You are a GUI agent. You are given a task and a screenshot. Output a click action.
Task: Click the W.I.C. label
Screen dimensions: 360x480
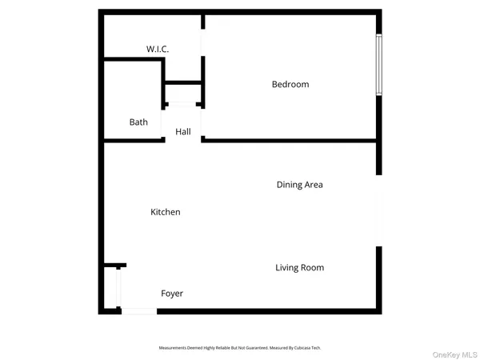click(x=157, y=50)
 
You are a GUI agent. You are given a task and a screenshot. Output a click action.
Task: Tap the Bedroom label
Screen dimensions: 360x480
click(x=290, y=84)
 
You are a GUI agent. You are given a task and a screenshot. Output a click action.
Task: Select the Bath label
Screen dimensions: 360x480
click(x=138, y=122)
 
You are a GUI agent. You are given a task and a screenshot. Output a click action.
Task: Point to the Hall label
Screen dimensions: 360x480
click(x=182, y=131)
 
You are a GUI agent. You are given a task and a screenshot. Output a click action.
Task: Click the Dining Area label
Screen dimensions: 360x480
click(x=299, y=185)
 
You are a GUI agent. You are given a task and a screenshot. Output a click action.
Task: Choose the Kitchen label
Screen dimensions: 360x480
click(x=166, y=212)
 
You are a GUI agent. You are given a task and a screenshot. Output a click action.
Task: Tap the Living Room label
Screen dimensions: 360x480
click(x=299, y=267)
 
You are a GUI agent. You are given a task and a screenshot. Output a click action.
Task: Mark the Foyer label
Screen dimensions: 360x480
click(x=172, y=294)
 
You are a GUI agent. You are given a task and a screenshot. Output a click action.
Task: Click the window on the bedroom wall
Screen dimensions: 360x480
click(x=380, y=66)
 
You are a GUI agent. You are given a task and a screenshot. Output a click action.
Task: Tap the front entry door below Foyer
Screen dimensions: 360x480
click(x=139, y=311)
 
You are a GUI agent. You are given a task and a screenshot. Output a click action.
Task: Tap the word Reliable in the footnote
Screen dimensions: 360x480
click(x=222, y=348)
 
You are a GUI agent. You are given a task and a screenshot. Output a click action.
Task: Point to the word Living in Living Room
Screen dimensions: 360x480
click(x=287, y=267)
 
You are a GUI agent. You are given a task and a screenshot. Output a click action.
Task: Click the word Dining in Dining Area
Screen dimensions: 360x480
click(x=290, y=185)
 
